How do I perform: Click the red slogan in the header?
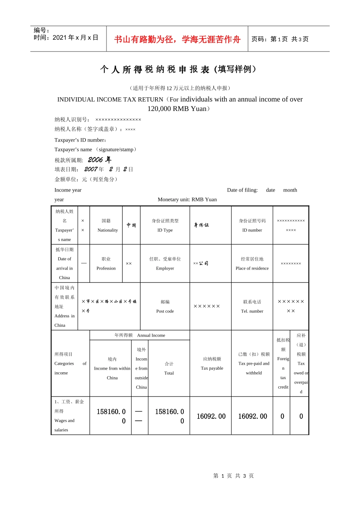click(177, 39)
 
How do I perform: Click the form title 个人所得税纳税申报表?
click(178, 69)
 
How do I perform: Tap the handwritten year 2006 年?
click(100, 160)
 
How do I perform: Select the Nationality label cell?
click(108, 225)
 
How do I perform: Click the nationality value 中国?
click(131, 225)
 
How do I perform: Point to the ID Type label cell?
click(165, 225)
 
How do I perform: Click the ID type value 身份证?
click(201, 225)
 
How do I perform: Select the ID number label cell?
click(252, 225)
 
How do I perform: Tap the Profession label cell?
click(106, 264)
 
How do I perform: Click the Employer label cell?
click(165, 264)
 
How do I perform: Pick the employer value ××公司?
click(200, 263)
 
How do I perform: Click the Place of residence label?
click(252, 264)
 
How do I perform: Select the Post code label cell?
click(165, 306)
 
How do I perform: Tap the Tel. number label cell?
click(252, 306)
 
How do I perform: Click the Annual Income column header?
click(140, 335)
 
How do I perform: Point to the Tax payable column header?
click(212, 364)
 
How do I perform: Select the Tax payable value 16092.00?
click(211, 416)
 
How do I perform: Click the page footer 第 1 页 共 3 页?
click(233, 476)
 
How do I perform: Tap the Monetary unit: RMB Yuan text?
click(187, 200)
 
